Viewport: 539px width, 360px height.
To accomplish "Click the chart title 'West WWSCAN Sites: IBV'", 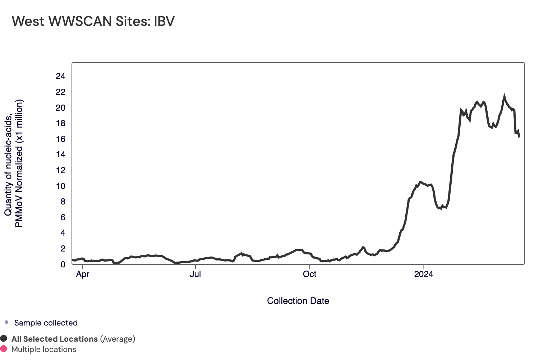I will pyautogui.click(x=93, y=21).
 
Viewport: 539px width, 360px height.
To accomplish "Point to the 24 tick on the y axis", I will pyautogui.click(x=60, y=76).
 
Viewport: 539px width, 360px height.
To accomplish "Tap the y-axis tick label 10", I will pyautogui.click(x=60, y=186).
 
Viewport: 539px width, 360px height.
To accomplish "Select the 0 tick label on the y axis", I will pyautogui.click(x=63, y=264).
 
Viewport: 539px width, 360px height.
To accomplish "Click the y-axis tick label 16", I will pyautogui.click(x=60, y=139).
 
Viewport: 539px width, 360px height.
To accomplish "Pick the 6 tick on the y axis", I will pyautogui.click(x=63, y=217).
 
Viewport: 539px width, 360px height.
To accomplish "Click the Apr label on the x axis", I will pyautogui.click(x=83, y=274).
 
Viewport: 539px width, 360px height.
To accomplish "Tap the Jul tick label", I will pyautogui.click(x=195, y=274).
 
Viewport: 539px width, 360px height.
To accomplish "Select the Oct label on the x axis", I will pyautogui.click(x=309, y=274).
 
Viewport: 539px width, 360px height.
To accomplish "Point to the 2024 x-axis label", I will pyautogui.click(x=424, y=274).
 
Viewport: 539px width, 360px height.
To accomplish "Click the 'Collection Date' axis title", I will pyautogui.click(x=298, y=301).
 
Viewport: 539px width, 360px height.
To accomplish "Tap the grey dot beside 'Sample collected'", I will pyautogui.click(x=6, y=322).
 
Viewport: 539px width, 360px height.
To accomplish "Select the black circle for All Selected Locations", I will pyautogui.click(x=4, y=338).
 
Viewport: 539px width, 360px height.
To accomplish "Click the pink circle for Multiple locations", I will pyautogui.click(x=4, y=349).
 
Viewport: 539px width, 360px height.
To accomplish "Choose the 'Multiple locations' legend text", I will pyautogui.click(x=44, y=350).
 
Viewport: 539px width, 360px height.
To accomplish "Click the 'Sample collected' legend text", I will pyautogui.click(x=46, y=323).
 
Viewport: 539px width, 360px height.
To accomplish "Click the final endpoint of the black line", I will pyautogui.click(x=519, y=137).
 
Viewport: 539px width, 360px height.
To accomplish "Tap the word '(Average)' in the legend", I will pyautogui.click(x=118, y=339).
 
